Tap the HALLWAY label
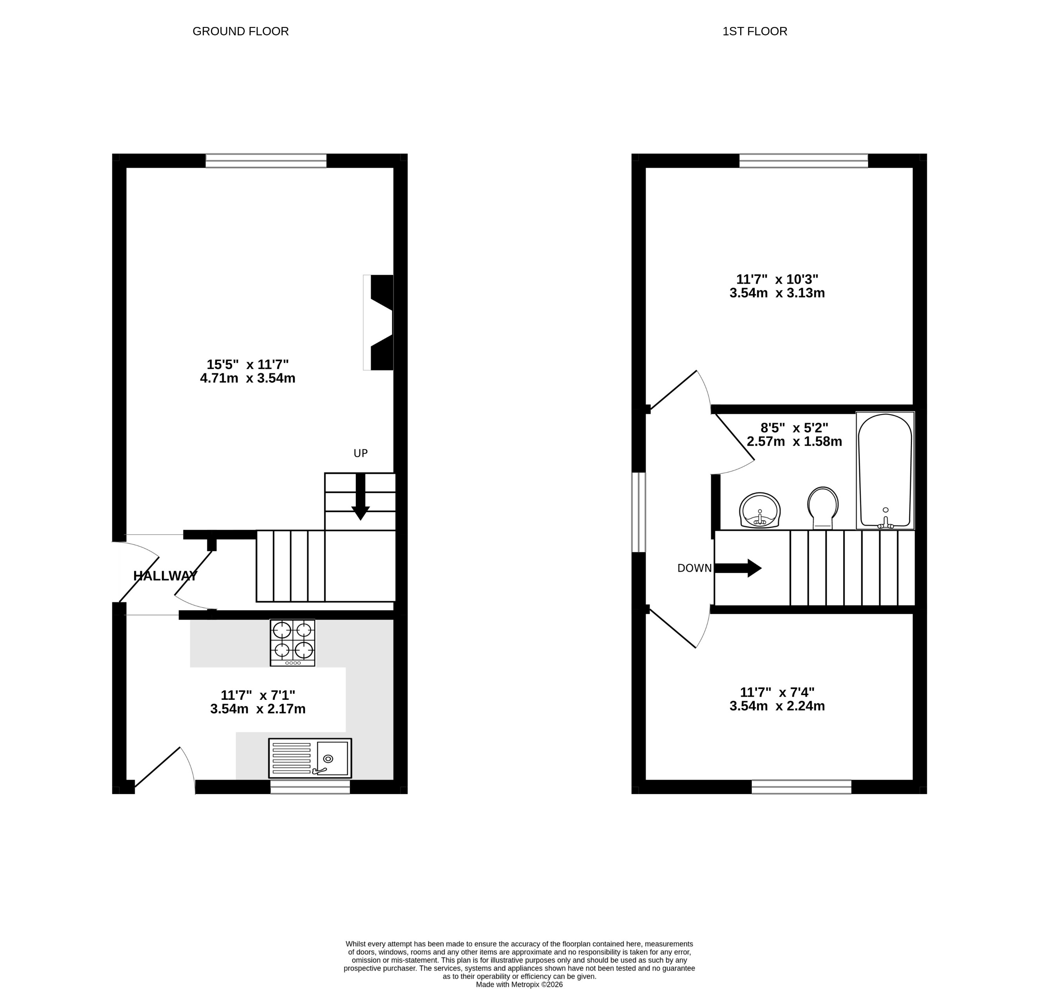pyautogui.click(x=165, y=576)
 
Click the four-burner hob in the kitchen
pyautogui.click(x=293, y=642)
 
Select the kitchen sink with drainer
pyautogui.click(x=310, y=758)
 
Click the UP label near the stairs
pyautogui.click(x=360, y=453)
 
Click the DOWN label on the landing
pyautogui.click(x=694, y=568)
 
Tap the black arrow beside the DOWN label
pyautogui.click(x=738, y=568)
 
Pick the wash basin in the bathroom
pyautogui.click(x=759, y=510)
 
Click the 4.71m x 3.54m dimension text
pyautogui.click(x=247, y=378)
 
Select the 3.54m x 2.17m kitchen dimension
pyautogui.click(x=258, y=709)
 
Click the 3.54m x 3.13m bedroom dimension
pyautogui.click(x=777, y=293)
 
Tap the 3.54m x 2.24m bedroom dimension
pyautogui.click(x=777, y=706)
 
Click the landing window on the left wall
pyautogui.click(x=638, y=512)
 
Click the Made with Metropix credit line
pyautogui.click(x=519, y=984)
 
